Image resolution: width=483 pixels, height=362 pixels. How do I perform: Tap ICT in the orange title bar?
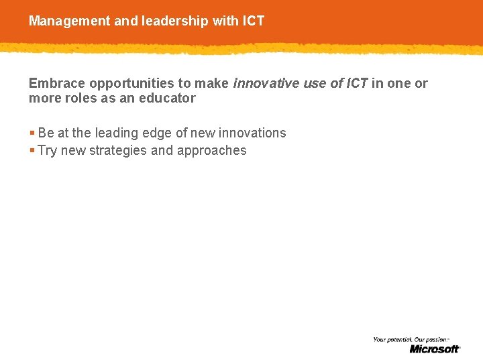point(254,21)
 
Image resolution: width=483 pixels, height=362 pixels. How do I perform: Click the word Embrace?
point(58,83)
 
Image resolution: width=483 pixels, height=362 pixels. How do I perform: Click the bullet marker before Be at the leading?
point(32,133)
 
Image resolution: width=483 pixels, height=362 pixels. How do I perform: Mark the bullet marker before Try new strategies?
point(32,151)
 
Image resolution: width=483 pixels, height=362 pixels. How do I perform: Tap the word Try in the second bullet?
point(48,151)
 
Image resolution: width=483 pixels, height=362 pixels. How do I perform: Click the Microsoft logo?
point(435,349)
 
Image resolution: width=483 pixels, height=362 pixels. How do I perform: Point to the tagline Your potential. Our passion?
point(410,340)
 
